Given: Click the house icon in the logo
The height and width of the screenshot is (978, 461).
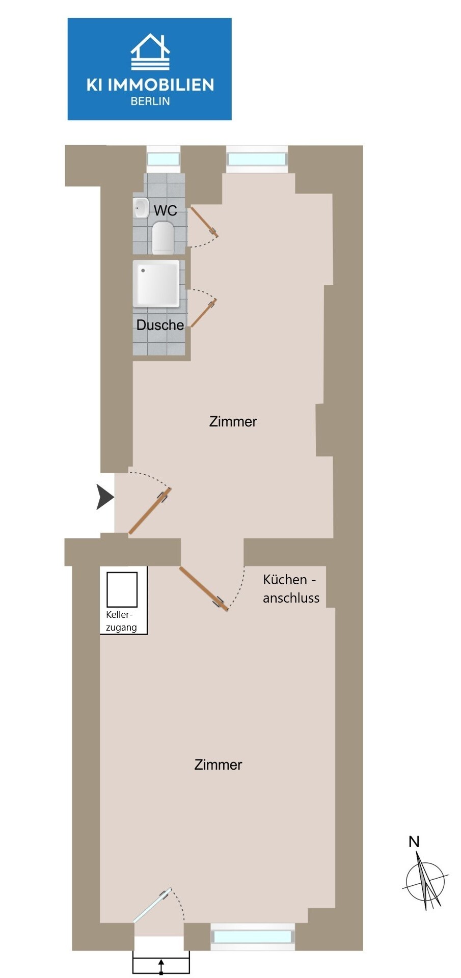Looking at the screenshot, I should [x=150, y=52].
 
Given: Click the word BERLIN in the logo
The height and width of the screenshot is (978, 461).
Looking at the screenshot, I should [x=150, y=101].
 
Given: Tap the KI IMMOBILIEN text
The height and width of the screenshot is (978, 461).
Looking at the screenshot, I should [x=150, y=85].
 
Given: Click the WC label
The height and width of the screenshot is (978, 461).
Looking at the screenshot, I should [x=165, y=210].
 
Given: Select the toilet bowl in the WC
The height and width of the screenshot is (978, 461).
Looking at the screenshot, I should [x=163, y=237].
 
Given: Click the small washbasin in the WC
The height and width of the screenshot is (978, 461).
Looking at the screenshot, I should [x=141, y=207].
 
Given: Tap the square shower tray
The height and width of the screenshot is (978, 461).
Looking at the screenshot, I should [x=156, y=284].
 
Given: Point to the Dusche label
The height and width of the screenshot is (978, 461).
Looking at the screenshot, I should [x=160, y=325].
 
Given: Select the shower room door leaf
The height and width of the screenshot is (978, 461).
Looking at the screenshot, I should [x=204, y=312].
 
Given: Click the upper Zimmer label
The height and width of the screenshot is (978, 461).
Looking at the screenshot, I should [x=233, y=421].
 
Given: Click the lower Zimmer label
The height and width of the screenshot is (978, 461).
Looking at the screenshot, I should [x=218, y=765].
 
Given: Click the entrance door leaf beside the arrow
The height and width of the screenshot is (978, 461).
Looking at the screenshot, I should [x=150, y=511].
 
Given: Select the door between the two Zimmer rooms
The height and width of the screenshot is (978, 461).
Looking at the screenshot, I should [x=203, y=588].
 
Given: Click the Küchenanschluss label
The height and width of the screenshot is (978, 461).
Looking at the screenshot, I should [x=290, y=588].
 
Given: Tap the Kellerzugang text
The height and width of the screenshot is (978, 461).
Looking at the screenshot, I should [x=121, y=621].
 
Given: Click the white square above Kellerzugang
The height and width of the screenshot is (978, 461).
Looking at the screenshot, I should [x=122, y=589].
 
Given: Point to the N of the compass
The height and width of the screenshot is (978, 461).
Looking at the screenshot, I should [x=414, y=842].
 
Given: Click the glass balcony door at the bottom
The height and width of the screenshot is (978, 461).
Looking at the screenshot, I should [x=152, y=906].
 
